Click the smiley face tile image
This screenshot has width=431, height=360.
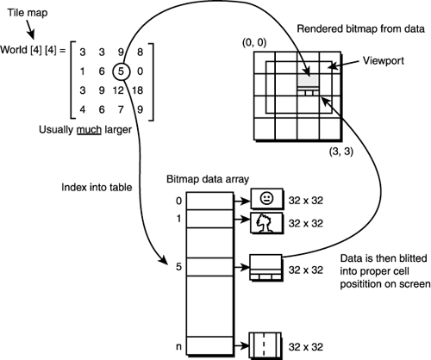click(x=265, y=199)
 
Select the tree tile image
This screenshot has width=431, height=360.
click(x=265, y=223)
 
